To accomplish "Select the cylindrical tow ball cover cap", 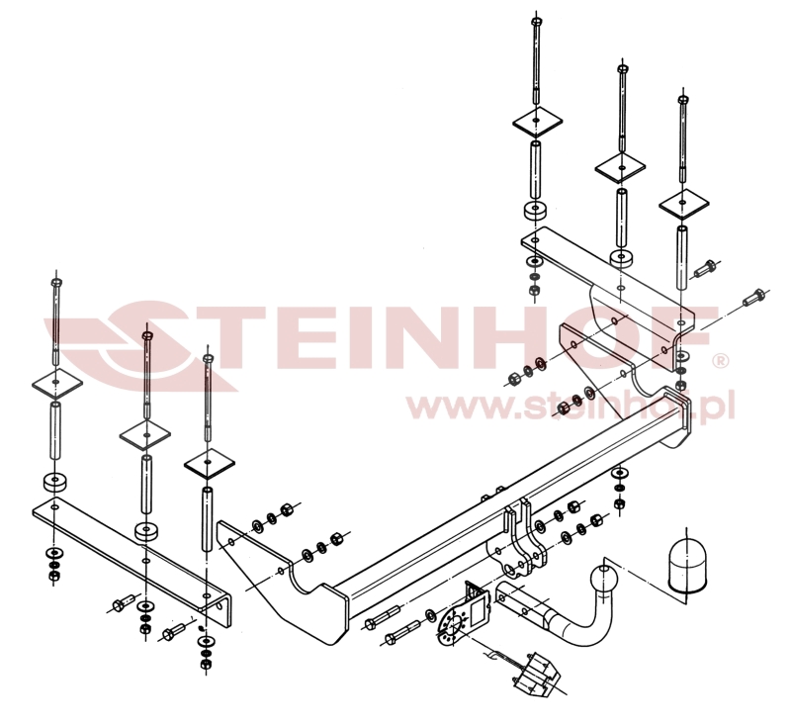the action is tap(687, 566).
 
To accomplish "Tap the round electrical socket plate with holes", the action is tap(452, 627).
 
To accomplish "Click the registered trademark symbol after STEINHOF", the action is tap(720, 361).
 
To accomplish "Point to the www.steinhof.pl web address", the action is tap(571, 406).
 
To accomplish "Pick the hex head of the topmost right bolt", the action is tap(536, 21).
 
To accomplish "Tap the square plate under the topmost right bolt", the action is tap(537, 122).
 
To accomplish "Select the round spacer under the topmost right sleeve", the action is tap(535, 211).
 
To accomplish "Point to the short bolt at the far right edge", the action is tap(754, 297).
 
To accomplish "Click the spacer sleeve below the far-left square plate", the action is tap(55, 430).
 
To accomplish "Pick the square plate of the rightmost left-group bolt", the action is tap(209, 464).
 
